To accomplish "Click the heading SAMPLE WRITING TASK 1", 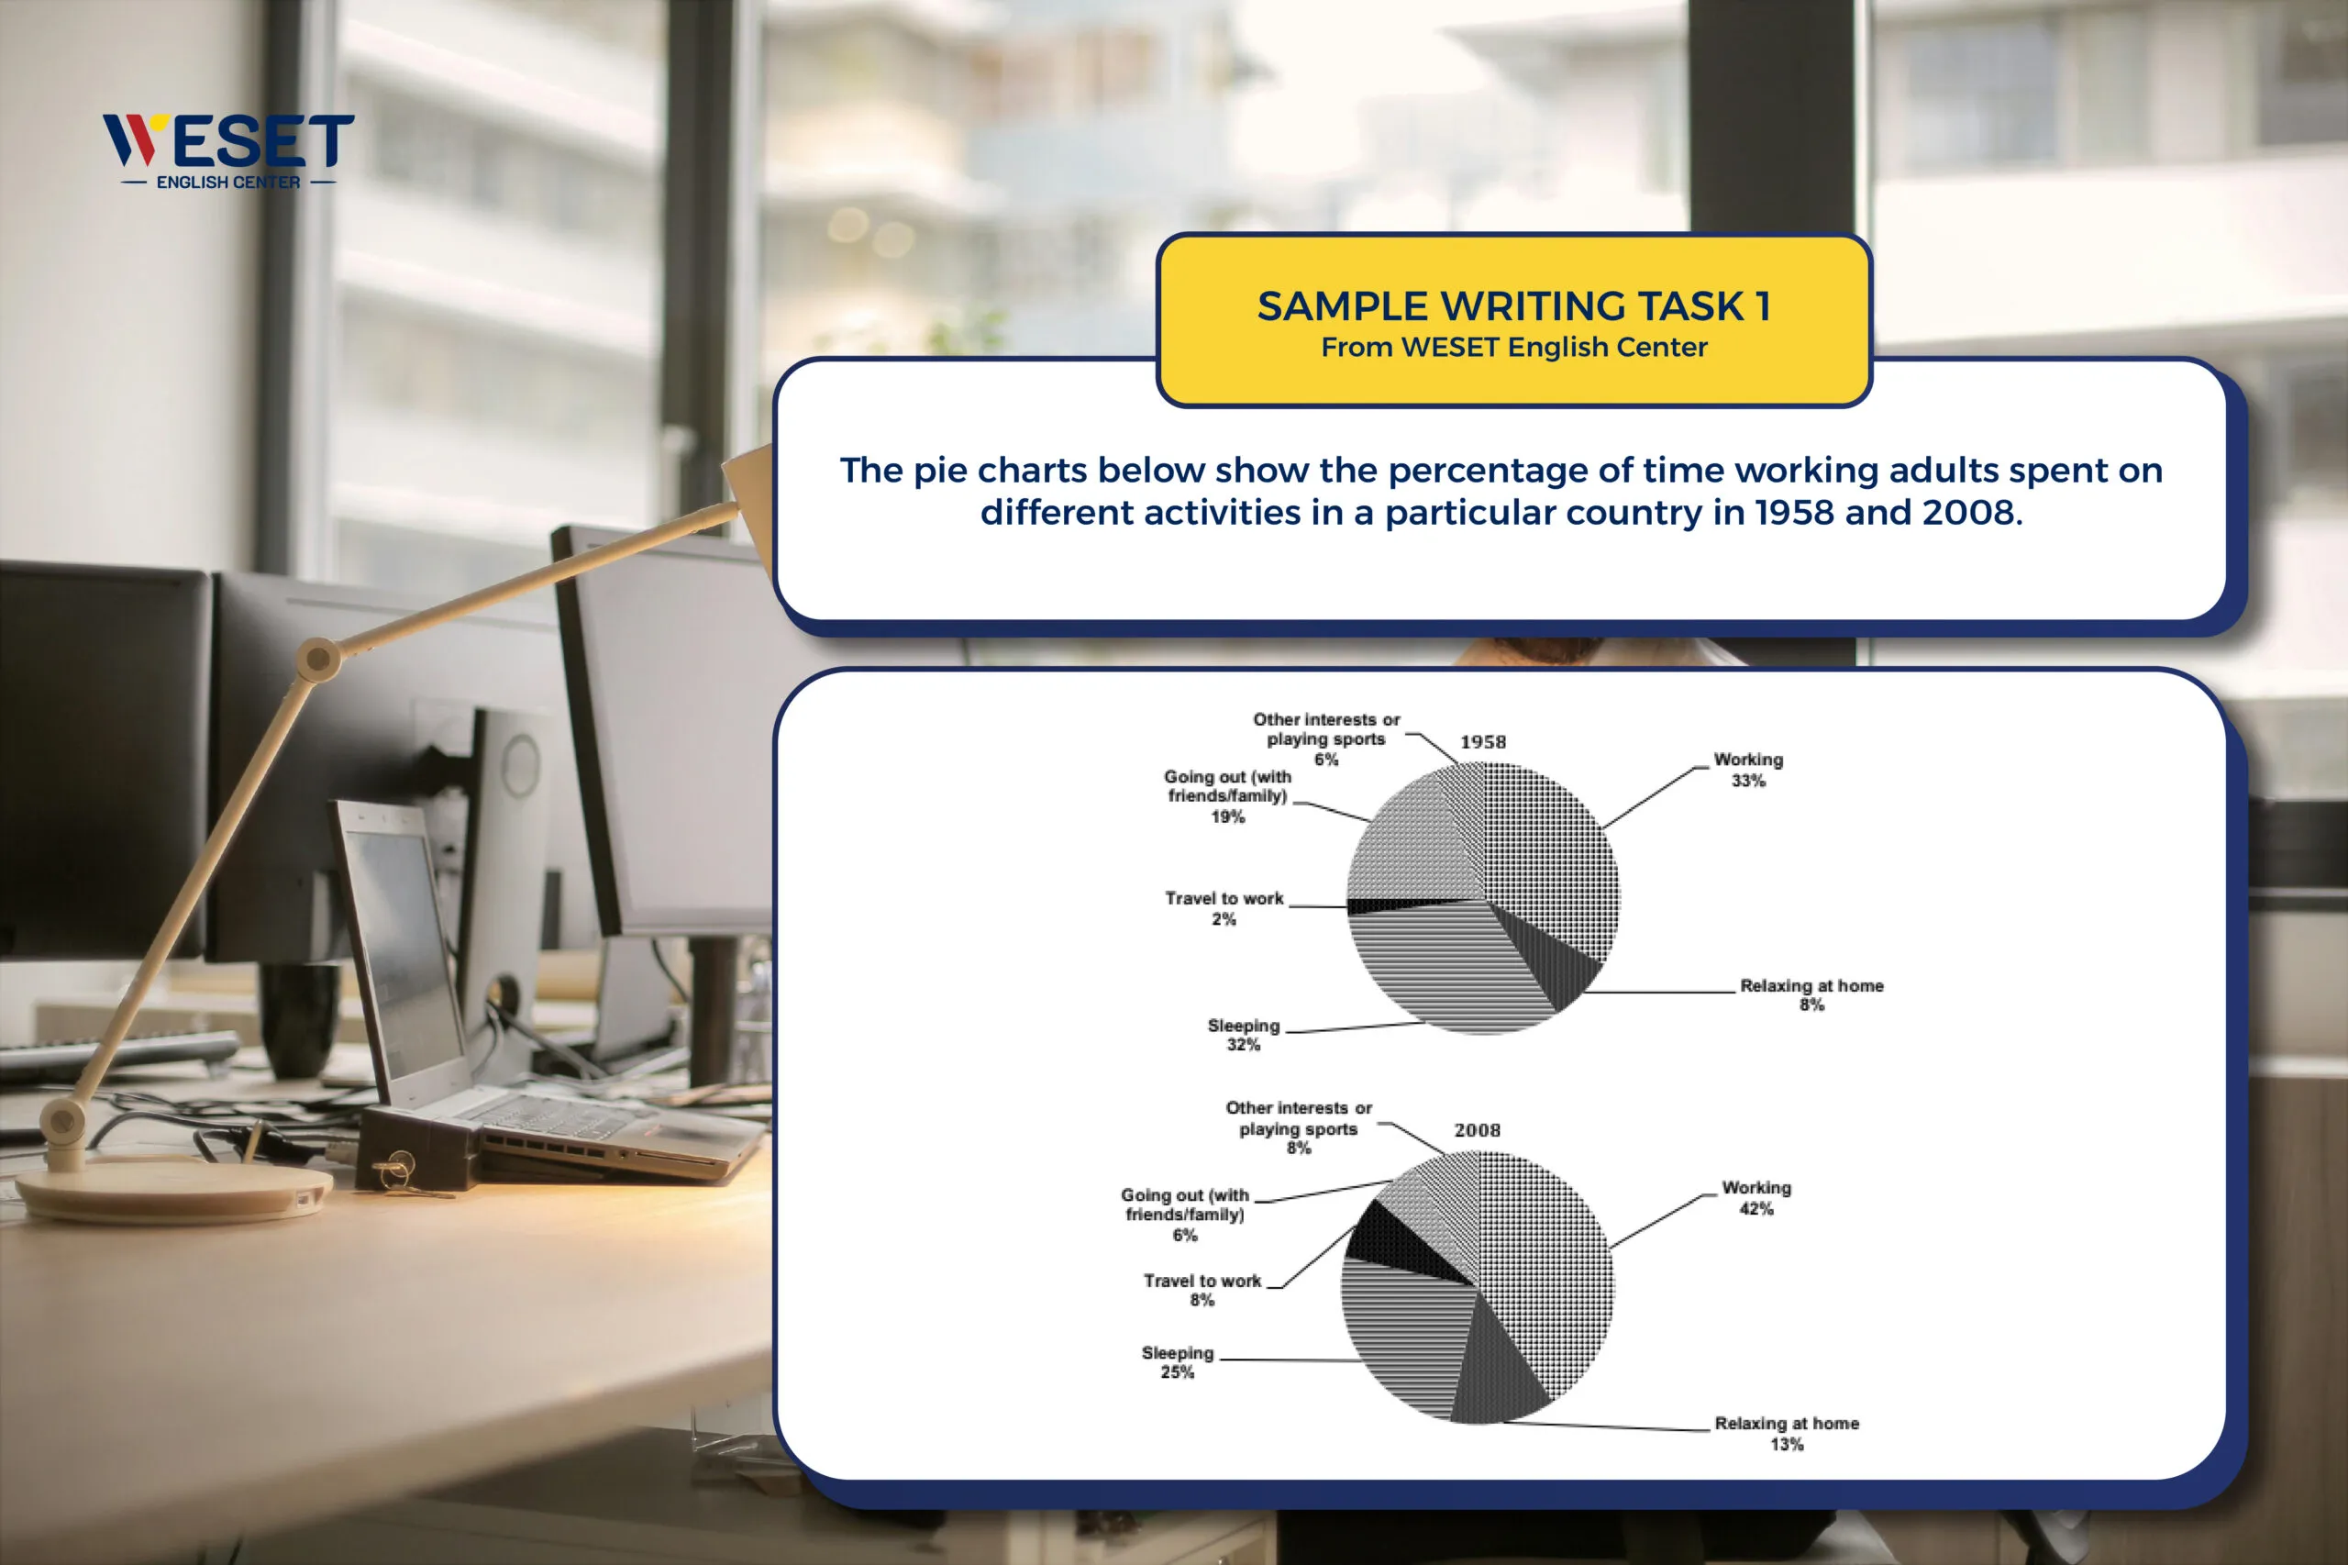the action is (x=1513, y=305).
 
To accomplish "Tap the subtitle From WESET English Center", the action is (x=1513, y=348).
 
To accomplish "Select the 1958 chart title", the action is (x=1483, y=741).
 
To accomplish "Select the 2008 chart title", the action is (x=1477, y=1130).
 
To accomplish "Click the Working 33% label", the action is (x=1748, y=770).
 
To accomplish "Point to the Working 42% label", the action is (x=1756, y=1198).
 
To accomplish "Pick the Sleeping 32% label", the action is (x=1244, y=1035).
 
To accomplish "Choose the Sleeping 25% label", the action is (x=1178, y=1362).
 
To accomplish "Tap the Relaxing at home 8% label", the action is (x=1812, y=995).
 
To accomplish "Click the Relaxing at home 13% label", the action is (x=1788, y=1433).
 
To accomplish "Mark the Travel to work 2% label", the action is (x=1224, y=908).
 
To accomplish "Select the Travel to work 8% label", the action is (x=1202, y=1290).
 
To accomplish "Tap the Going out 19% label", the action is (x=1227, y=795).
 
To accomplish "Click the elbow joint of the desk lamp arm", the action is (x=318, y=659).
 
